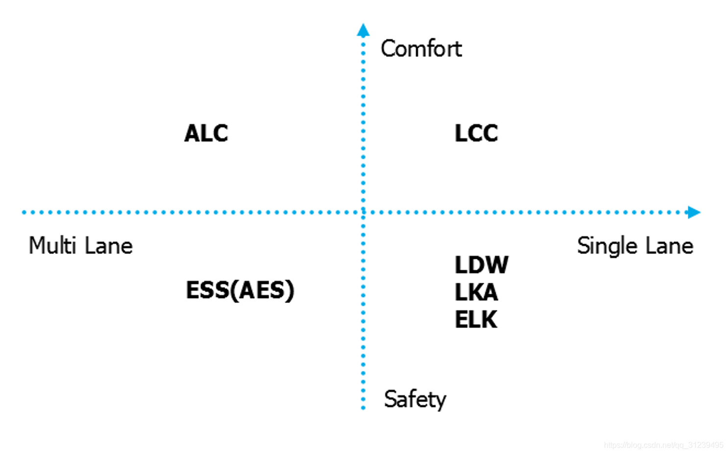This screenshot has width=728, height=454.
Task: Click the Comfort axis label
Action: coord(421,49)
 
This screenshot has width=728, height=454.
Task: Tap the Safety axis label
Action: coord(415,399)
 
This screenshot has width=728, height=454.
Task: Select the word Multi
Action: coord(52,245)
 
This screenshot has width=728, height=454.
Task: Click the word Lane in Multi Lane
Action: coord(108,246)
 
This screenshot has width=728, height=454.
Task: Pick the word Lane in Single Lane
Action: coord(669,246)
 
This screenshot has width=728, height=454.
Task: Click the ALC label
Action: coord(206,133)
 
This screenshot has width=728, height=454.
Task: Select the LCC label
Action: coord(476,133)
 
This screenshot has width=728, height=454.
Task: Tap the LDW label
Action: coord(481,265)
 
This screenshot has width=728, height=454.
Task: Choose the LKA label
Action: coord(476,293)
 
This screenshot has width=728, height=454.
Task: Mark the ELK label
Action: coord(476,320)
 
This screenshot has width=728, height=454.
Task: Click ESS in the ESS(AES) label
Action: coord(208,290)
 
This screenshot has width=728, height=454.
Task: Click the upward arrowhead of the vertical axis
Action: coord(363,30)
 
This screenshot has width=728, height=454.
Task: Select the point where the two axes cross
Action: coord(363,212)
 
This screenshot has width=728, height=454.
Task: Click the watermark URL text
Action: coord(663,445)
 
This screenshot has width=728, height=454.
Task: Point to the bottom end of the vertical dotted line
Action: coord(363,407)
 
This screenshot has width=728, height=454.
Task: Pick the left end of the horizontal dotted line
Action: coord(24,212)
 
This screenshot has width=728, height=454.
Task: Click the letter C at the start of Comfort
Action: coord(388,49)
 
